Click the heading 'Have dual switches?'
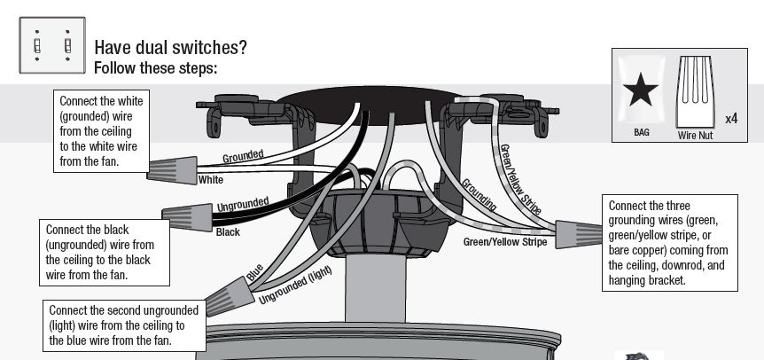coord(170,47)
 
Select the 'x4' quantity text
coord(732,118)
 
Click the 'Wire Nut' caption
coord(696,136)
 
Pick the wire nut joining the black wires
coord(185,214)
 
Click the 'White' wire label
coord(211,180)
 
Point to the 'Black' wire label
coord(228,232)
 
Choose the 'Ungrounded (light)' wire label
coord(295,286)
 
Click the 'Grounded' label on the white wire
coord(243,156)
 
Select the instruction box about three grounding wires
coord(669,242)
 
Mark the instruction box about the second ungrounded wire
coord(124,325)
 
